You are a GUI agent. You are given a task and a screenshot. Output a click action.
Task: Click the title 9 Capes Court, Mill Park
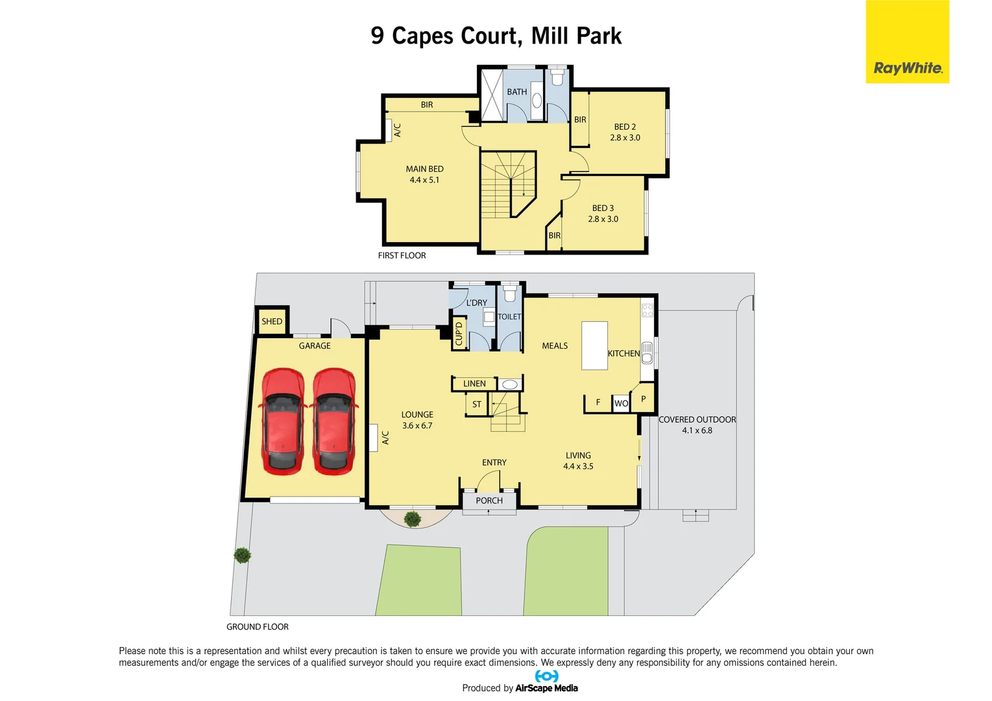[496, 36]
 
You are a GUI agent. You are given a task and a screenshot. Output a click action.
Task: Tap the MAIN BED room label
[424, 169]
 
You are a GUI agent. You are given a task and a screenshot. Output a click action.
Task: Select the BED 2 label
[625, 127]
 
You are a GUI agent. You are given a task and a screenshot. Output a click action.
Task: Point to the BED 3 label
[603, 208]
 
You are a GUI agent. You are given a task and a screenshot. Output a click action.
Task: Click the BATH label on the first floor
[516, 92]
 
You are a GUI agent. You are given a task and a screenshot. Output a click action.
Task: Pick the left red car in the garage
[282, 421]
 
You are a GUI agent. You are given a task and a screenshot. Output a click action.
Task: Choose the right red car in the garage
[333, 421]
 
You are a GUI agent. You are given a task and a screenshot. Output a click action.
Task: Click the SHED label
[272, 321]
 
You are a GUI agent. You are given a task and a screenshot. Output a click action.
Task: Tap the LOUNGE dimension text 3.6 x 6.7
[417, 426]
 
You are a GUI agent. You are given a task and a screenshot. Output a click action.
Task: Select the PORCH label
[489, 500]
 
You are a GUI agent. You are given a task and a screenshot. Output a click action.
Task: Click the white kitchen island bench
[594, 345]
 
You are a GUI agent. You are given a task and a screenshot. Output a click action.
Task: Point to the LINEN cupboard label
[474, 384]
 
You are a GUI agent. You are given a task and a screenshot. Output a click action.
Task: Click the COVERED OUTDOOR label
[697, 420]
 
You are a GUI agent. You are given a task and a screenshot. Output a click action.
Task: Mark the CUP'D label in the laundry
[459, 334]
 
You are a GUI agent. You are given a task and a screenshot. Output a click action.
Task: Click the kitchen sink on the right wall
[647, 353]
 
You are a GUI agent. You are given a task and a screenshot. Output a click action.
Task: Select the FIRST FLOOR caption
[402, 256]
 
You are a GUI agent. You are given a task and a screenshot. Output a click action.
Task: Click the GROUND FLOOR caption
[257, 627]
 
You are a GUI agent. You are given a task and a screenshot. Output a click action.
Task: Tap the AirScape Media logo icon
[546, 676]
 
